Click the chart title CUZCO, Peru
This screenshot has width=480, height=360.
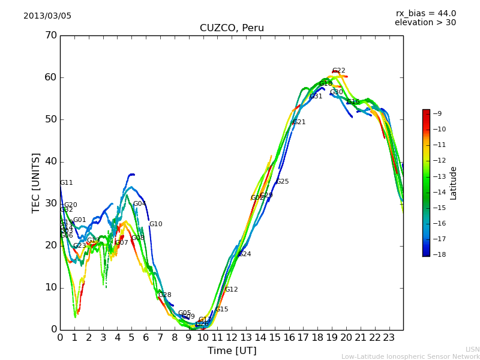pyautogui.click(x=232, y=28)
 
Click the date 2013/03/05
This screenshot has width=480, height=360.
pyautogui.click(x=47, y=16)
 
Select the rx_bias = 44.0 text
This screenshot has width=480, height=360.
pyautogui.click(x=425, y=14)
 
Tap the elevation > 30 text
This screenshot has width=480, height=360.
pyautogui.click(x=425, y=23)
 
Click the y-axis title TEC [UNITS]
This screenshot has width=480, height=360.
pyautogui.click(x=36, y=182)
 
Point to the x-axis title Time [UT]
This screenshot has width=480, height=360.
pyautogui.click(x=232, y=351)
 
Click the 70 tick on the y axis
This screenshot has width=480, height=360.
pyautogui.click(x=50, y=35)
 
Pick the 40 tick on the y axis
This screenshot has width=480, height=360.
pyautogui.click(x=50, y=161)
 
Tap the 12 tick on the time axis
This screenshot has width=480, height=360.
pyautogui.click(x=232, y=338)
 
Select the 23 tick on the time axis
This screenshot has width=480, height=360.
pyautogui.click(x=389, y=338)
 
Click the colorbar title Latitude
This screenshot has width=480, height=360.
pyautogui.click(x=454, y=183)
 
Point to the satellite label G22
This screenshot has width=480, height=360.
pyautogui.click(x=339, y=71)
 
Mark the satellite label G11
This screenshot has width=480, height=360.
pyautogui.click(x=66, y=183)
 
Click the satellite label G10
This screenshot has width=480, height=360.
pyautogui.click(x=155, y=224)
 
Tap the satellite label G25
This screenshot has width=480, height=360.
pyautogui.click(x=282, y=182)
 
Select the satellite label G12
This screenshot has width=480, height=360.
pyautogui.click(x=231, y=290)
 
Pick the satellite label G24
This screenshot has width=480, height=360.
pyautogui.click(x=245, y=254)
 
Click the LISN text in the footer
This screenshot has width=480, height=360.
pyautogui.click(x=472, y=350)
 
